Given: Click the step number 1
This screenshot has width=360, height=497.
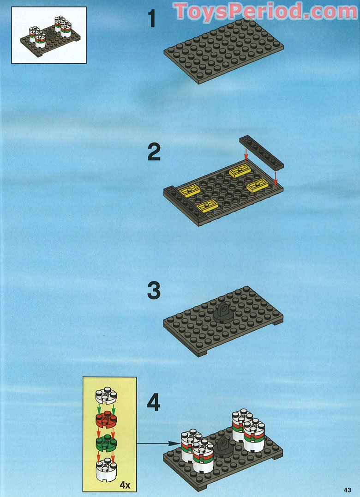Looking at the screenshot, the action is [x=152, y=18].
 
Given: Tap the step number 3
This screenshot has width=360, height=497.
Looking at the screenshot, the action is [x=154, y=291].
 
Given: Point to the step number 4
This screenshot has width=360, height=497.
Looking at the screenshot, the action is [x=154, y=402].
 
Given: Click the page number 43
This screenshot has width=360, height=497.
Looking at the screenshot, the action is [x=348, y=490].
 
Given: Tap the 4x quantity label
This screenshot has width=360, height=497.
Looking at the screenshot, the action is [x=125, y=485].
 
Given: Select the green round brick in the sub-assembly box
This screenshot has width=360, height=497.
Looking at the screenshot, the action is [x=106, y=442].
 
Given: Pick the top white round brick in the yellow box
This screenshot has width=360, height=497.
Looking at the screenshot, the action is [x=106, y=395].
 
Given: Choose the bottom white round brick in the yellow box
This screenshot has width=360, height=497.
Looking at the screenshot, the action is [x=106, y=469].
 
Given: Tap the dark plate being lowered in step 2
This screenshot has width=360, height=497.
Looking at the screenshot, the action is [x=261, y=152].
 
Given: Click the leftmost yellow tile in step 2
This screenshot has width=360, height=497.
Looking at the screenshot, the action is [x=189, y=191].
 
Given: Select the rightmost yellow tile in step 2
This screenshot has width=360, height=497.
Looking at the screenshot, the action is [x=258, y=185].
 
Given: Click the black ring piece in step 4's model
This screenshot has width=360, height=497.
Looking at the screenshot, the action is [x=224, y=447].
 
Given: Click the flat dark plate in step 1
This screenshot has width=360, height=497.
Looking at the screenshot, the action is [x=224, y=51].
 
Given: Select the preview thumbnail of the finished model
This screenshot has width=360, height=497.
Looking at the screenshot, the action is [x=49, y=35].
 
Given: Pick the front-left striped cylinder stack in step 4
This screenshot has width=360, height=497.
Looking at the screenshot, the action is [x=203, y=455].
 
